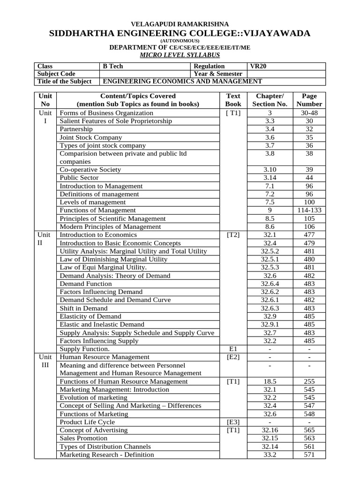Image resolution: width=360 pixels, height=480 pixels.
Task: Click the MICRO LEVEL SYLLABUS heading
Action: [180, 55]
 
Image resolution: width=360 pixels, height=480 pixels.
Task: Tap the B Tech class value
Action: [112, 66]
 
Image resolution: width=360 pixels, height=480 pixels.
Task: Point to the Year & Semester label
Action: [218, 74]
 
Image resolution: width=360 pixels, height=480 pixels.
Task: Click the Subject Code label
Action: [56, 74]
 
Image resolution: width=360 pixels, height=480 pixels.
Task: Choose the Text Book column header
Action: [233, 100]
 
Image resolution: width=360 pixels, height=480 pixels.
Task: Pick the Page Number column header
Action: [309, 100]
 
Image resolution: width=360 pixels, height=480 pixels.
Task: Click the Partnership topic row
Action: [76, 129]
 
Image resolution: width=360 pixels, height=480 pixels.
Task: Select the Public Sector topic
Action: [79, 178]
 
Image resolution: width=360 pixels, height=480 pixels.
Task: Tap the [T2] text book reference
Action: [233, 235]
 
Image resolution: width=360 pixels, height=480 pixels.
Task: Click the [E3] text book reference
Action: [233, 422]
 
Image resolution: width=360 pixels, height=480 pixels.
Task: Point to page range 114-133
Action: [309, 210]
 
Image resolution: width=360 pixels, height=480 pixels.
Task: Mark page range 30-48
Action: [309, 113]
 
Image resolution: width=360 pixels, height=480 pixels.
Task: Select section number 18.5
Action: [270, 381]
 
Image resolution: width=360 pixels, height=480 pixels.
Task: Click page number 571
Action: [309, 454]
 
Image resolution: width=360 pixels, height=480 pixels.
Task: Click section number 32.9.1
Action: [270, 324]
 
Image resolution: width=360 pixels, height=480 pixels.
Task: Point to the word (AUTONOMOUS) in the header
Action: [180, 41]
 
